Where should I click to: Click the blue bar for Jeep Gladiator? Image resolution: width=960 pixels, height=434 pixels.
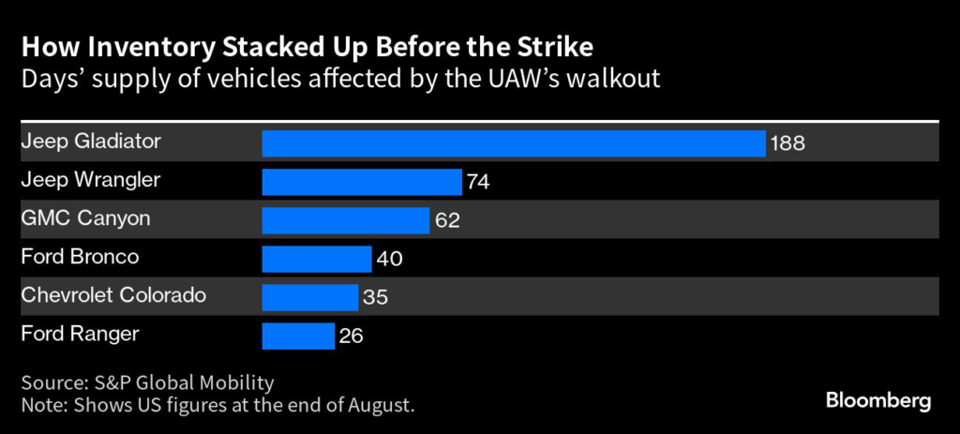514,143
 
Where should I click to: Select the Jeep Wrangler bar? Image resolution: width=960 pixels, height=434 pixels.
362,182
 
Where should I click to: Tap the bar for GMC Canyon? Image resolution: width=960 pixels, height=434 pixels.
346,220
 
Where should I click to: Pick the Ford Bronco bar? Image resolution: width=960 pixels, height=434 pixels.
317,259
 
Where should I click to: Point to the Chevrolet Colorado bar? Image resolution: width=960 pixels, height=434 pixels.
310,297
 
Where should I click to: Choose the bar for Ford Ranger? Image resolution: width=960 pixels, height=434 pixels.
298,336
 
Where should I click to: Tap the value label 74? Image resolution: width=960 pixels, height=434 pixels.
478,183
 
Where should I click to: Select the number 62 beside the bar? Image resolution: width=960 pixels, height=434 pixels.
446,221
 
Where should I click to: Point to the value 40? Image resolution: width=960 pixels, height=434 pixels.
388,260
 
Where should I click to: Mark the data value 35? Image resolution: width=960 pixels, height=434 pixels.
375,298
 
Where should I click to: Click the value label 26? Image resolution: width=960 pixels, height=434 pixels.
351,337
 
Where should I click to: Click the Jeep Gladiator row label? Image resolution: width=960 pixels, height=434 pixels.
91,142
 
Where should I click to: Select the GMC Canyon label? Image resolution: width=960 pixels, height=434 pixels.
85,218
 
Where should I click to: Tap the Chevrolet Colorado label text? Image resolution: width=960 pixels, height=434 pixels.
113,295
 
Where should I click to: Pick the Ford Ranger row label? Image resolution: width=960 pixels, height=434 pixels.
80,333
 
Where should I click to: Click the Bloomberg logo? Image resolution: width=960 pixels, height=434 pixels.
878,400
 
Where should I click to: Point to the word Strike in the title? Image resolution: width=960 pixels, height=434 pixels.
561,46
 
